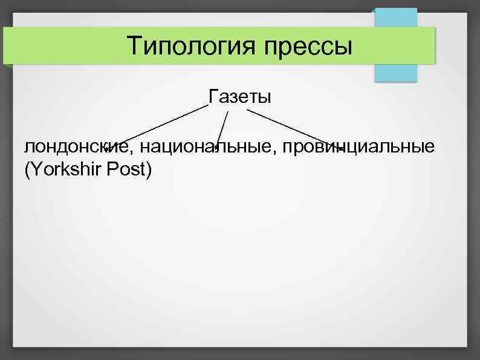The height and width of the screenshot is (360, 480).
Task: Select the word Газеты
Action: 240,96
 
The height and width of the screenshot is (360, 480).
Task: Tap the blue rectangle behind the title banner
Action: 396,73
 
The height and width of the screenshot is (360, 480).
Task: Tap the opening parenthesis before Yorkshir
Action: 27,171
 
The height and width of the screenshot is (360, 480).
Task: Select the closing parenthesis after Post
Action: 148,171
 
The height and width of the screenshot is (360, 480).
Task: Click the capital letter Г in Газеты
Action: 213,96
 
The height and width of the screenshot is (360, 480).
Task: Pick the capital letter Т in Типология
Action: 135,45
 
